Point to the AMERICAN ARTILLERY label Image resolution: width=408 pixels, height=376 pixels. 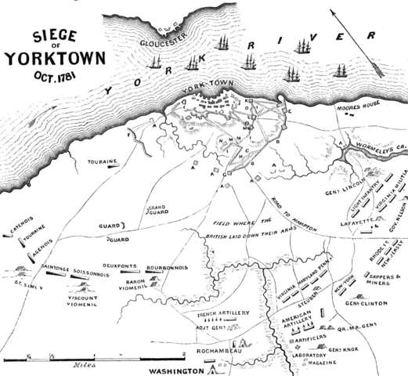[x=300, y=320]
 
